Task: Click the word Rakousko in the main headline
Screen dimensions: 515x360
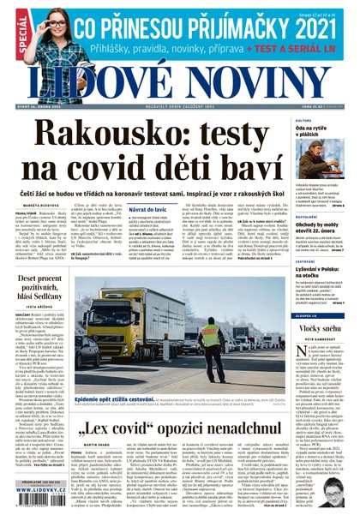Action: [x=102, y=140]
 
